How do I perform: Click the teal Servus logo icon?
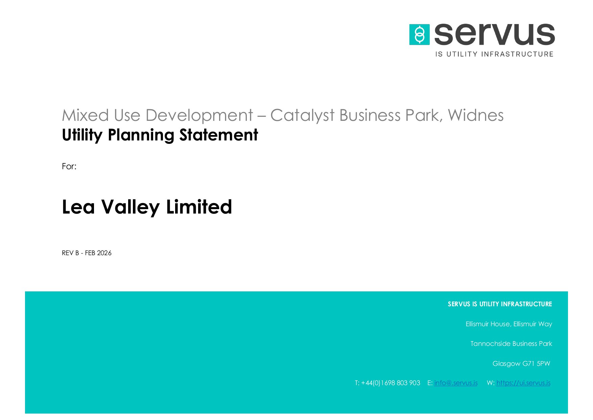pyautogui.click(x=419, y=35)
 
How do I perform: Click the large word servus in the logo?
pyautogui.click(x=495, y=34)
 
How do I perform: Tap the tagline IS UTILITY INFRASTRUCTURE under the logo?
pyautogui.click(x=494, y=54)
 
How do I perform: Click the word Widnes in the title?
pyautogui.click(x=476, y=115)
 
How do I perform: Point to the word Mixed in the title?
pyautogui.click(x=85, y=115)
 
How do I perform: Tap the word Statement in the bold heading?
pyautogui.click(x=219, y=135)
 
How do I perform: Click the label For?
pyautogui.click(x=69, y=166)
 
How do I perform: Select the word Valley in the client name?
pyautogui.click(x=130, y=207)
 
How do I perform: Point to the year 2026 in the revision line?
pyautogui.click(x=104, y=253)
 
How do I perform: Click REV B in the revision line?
pyautogui.click(x=70, y=253)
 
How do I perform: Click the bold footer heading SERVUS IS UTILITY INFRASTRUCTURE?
pyautogui.click(x=500, y=304)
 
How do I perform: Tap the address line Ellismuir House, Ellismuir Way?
pyautogui.click(x=509, y=324)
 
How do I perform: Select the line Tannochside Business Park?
pyautogui.click(x=511, y=344)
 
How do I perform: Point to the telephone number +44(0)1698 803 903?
pyautogui.click(x=390, y=383)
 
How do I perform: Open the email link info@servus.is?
pyautogui.click(x=456, y=383)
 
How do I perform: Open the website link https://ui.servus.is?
pyautogui.click(x=523, y=383)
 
